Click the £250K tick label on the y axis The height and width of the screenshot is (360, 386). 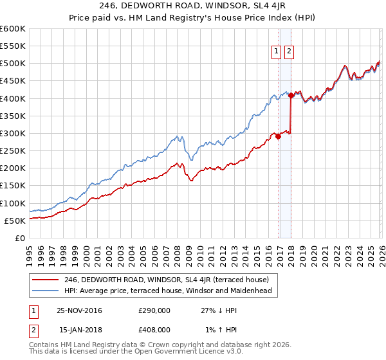coord(13,151)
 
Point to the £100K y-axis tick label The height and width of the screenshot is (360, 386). coord(13,203)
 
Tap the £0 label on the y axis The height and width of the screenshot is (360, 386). coord(20,238)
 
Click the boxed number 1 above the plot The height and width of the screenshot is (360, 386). coord(276,52)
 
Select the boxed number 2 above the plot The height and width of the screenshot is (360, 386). coord(289,52)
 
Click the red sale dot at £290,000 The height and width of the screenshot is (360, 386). coord(278,136)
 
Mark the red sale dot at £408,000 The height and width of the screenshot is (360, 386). coord(291,96)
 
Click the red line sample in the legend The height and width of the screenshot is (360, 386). coord(46,280)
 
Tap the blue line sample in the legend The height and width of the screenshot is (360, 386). coord(46,291)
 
